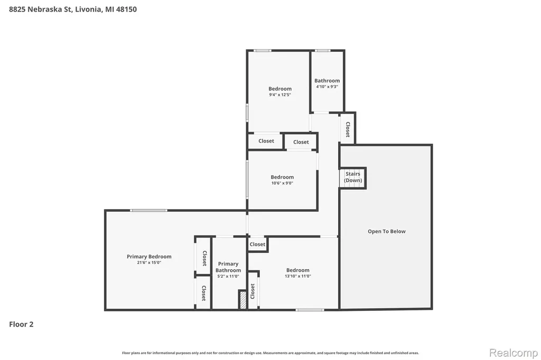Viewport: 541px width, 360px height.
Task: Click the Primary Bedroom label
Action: point(149,257)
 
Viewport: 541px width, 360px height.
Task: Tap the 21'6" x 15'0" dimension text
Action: point(149,263)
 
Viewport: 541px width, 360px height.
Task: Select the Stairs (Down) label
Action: point(353,177)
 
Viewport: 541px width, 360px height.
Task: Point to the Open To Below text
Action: point(386,231)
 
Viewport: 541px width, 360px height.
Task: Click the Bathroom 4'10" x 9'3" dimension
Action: point(327,87)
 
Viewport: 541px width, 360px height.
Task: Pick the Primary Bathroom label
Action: point(228,267)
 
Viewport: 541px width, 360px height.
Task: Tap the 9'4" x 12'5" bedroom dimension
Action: point(280,94)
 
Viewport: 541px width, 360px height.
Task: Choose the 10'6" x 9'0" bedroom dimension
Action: point(282,183)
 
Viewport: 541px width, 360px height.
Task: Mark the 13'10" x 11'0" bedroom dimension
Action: point(298,276)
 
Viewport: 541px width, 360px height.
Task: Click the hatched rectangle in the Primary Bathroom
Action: point(243,300)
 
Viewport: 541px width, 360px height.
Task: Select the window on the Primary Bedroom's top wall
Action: point(148,210)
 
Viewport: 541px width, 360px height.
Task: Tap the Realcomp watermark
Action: point(514,353)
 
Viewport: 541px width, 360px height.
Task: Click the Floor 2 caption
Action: point(21,324)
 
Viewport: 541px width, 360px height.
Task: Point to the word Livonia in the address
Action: point(88,10)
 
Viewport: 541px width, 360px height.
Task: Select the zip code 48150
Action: point(126,10)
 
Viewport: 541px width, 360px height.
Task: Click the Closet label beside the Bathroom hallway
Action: point(348,129)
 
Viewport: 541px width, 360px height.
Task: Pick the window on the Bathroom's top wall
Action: point(323,51)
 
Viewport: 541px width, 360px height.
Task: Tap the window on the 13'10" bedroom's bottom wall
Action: point(310,310)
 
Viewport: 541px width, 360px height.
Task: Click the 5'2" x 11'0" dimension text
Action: point(228,276)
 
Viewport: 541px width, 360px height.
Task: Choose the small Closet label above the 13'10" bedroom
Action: point(257,244)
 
